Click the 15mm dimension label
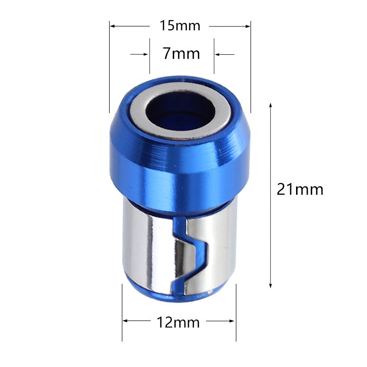tap(180, 25)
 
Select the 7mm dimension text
tap(181, 53)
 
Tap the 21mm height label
tap(300, 189)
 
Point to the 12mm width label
tap(178, 322)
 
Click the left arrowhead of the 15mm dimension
tap(112, 25)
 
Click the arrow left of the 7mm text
tap(145, 54)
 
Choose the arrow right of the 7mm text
tap(218, 54)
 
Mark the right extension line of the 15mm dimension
tap(251, 69)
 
